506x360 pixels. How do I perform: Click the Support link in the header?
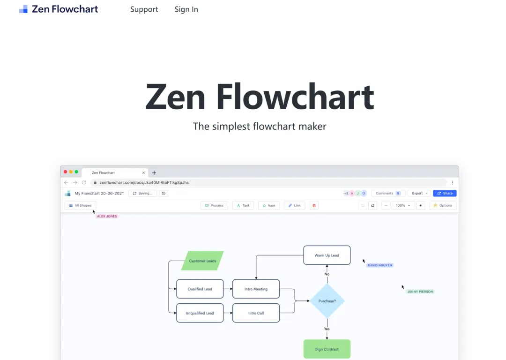144,9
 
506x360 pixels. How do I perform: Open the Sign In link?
186,9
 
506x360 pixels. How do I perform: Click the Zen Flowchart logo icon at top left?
23,9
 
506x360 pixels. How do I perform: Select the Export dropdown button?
419,193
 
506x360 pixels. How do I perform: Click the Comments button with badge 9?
388,193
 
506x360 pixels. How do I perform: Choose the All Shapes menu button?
80,205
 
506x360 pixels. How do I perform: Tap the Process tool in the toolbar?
214,205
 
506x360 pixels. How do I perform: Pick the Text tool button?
243,205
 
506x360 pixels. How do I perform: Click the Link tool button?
295,205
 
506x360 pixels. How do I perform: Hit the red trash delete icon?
314,205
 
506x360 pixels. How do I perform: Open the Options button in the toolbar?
443,205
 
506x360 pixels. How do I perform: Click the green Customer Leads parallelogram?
202,261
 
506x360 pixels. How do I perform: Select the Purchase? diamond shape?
327,301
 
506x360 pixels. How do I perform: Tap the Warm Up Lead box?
327,255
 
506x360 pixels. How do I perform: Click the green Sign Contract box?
327,349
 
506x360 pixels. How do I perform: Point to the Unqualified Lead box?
200,313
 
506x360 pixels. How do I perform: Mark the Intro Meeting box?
256,289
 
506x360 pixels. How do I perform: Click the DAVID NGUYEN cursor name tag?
380,265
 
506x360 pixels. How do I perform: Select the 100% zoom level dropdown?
403,205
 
